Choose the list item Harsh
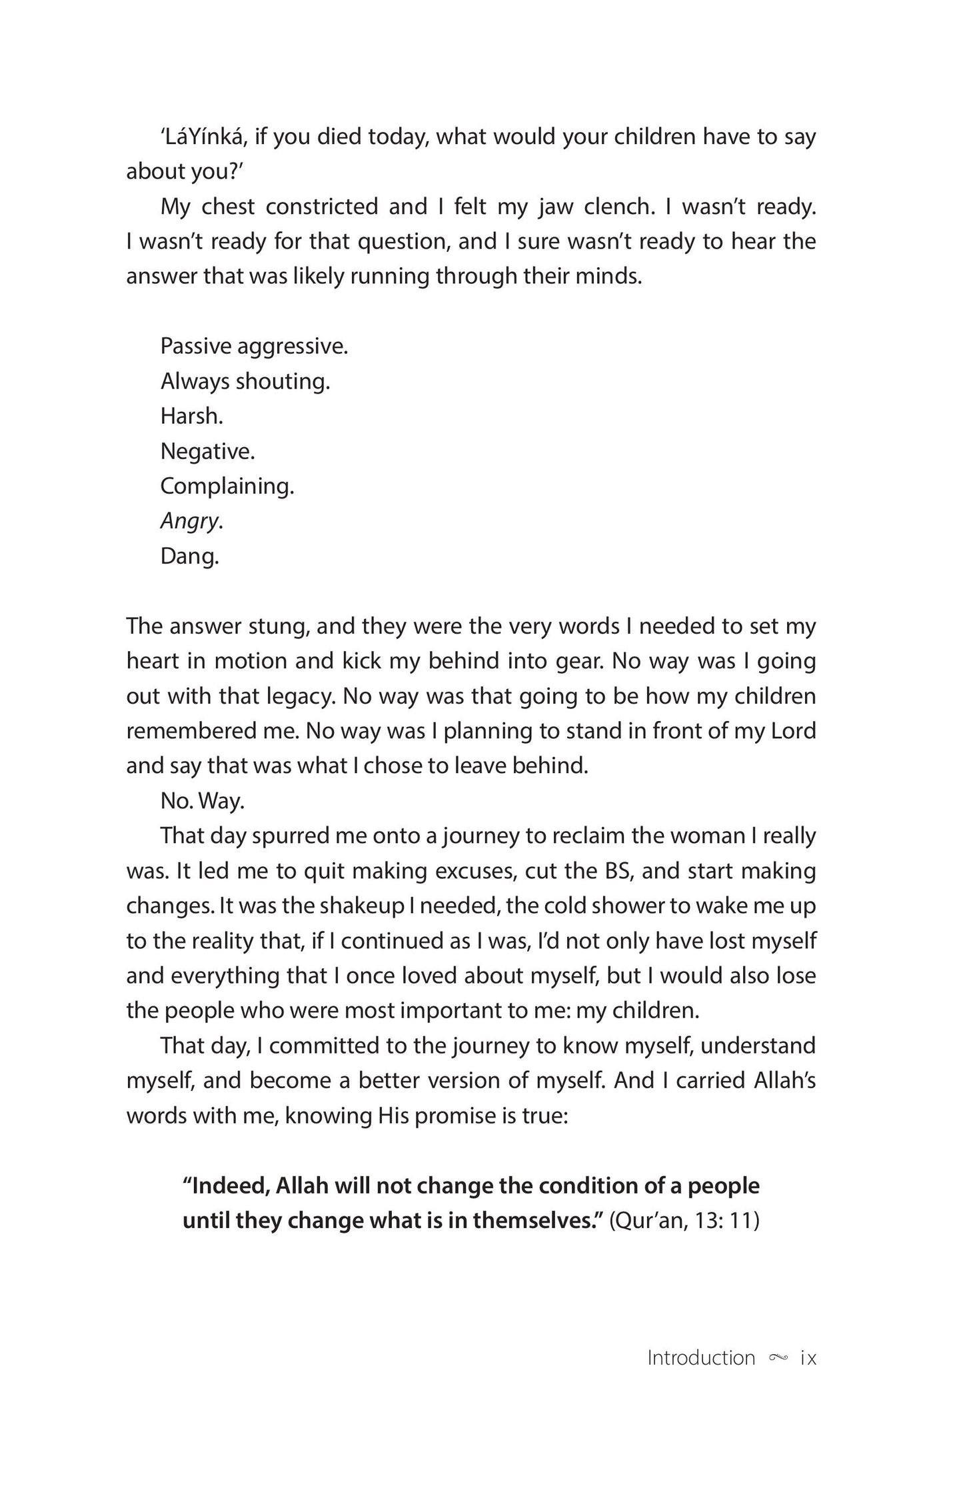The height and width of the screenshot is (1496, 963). click(191, 416)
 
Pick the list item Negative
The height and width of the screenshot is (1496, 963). click(207, 452)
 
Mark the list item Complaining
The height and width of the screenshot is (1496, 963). click(227, 486)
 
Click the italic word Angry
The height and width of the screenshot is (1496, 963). click(190, 521)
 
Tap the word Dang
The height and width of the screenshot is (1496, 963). click(189, 556)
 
